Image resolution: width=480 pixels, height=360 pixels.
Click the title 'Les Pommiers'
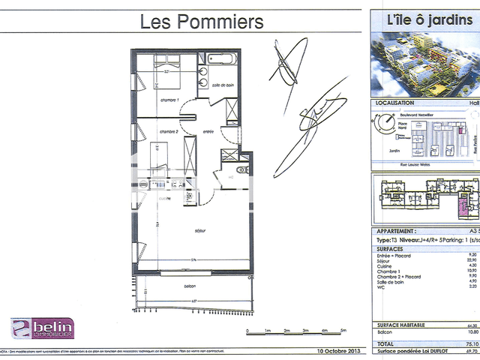coord(202,22)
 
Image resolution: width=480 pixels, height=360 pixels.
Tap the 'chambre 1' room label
coord(169,100)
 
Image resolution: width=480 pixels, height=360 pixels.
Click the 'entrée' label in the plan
coord(208,131)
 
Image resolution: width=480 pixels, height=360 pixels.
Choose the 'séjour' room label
coord(199,231)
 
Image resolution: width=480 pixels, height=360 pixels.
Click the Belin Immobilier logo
coord(42,328)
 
